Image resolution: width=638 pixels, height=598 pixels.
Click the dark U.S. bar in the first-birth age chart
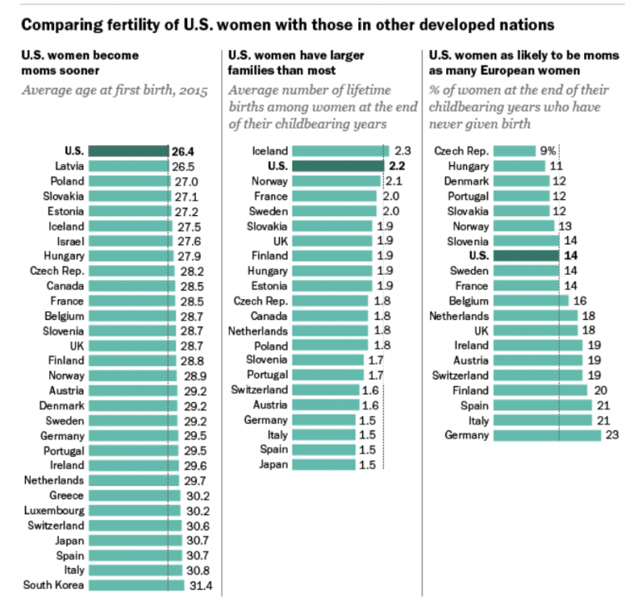(x=128, y=151)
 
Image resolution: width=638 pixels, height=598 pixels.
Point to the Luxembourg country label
(x=54, y=510)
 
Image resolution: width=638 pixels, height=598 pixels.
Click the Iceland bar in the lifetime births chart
(x=341, y=151)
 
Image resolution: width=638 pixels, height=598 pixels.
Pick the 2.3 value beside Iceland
(x=403, y=151)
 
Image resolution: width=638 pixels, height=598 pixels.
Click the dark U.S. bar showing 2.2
(x=336, y=166)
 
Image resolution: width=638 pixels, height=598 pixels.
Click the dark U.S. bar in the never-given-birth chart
(x=526, y=256)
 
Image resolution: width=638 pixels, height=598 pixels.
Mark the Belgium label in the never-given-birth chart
(x=469, y=301)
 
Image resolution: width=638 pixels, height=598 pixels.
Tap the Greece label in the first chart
(x=66, y=495)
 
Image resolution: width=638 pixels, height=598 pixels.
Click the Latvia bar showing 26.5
(x=128, y=166)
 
